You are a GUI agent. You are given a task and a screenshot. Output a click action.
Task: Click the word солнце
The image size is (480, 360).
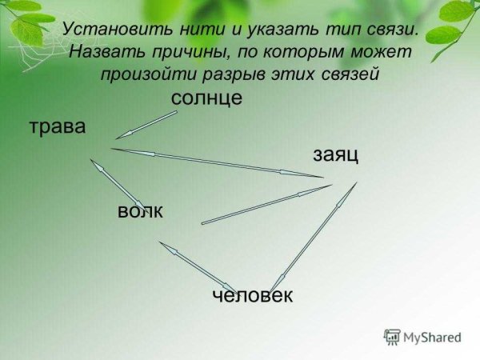pos(206,98)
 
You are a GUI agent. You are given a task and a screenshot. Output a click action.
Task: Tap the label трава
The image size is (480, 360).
pos(57,126)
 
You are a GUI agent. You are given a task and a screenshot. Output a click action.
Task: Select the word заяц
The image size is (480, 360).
pos(334,154)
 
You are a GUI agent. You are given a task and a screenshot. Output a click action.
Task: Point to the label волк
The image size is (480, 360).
pos(140,211)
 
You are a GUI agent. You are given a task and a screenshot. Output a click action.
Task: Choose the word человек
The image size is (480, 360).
pos(253,295)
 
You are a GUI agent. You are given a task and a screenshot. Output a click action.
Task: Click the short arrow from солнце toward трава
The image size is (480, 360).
pos(146,125)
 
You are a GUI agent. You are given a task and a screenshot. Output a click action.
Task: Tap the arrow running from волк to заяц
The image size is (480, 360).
pos(266,204)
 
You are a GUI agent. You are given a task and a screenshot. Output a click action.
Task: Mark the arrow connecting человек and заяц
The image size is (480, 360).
pos(314,237)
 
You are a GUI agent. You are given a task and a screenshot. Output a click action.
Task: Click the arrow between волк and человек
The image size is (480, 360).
pos(197,266)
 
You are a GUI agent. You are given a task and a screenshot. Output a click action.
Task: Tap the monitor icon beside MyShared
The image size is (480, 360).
pos(392,337)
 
